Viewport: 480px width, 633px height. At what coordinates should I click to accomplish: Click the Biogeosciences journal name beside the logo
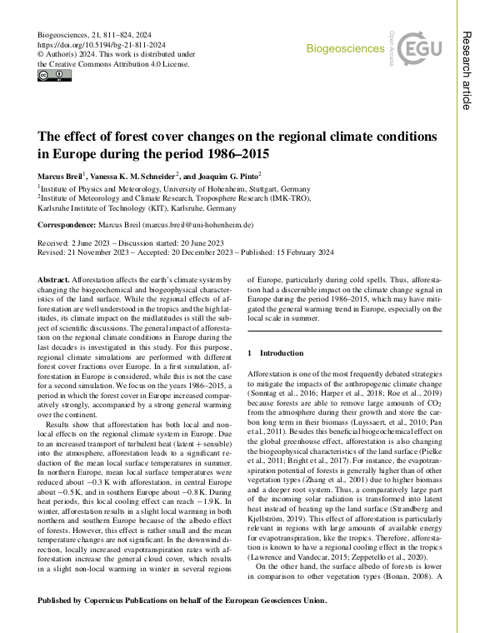pos(345,48)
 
